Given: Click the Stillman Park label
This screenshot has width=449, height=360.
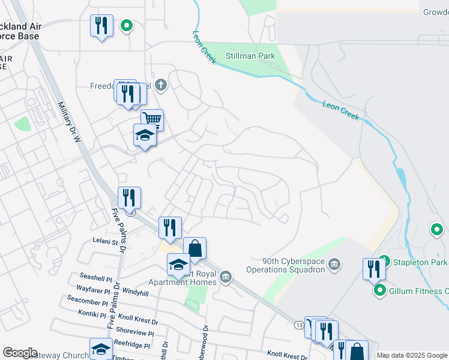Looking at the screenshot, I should (250, 56).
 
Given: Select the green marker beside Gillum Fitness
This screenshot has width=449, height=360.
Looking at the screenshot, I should (379, 291).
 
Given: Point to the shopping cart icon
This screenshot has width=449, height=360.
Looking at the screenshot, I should (152, 118).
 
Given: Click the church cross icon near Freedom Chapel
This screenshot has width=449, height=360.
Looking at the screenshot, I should (160, 85).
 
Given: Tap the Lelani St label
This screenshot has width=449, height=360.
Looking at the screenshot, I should (106, 242).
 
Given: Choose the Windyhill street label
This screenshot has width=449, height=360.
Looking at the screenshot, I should (135, 292).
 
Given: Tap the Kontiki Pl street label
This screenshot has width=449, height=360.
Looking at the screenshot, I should (92, 314).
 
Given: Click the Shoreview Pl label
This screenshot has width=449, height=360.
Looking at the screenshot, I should (134, 330).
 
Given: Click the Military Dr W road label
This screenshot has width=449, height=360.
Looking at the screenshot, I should (70, 122).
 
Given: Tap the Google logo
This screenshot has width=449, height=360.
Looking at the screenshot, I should (20, 353).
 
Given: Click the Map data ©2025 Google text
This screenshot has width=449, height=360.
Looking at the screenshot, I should (412, 355).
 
